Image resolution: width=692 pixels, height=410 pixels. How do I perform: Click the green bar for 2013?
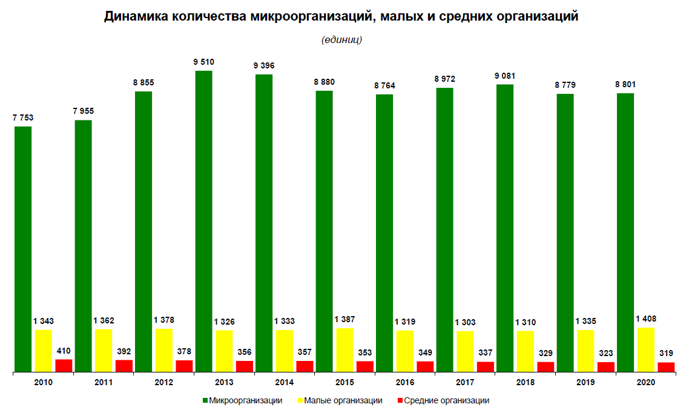coord(203,221)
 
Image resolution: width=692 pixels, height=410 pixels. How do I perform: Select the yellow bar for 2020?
coord(645,349)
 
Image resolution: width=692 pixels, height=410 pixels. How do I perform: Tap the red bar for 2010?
coord(64,365)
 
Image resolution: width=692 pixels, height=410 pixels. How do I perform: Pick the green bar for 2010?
coord(23,248)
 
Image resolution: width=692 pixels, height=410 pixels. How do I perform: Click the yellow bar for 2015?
coord(344,349)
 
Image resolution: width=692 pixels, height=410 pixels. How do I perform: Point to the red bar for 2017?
coord(486,366)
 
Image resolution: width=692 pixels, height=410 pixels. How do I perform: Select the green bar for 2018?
coord(504,228)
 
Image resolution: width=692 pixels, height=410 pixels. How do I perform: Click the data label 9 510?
coord(203,62)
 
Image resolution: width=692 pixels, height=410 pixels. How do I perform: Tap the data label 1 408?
coord(645,319)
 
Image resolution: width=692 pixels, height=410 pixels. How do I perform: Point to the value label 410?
coord(64,350)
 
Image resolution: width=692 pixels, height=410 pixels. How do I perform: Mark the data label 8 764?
coord(384,85)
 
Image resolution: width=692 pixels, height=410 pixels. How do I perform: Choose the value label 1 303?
coord(465,322)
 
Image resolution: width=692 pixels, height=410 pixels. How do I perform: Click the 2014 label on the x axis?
coord(284,383)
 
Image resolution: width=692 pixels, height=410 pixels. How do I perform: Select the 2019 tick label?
coord(585,383)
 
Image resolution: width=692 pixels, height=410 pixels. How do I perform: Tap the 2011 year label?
coord(104,383)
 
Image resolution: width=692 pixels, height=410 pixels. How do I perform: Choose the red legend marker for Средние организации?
coord(400,400)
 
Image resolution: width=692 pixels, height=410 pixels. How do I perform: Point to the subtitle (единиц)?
coord(341,40)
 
